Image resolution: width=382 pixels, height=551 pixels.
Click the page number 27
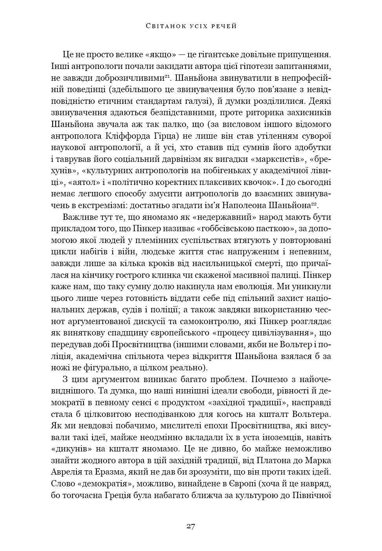point(191,526)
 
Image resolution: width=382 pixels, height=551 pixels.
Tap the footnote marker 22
point(314,204)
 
